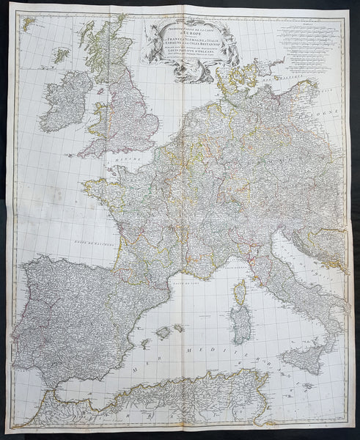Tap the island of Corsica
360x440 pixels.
238,291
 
